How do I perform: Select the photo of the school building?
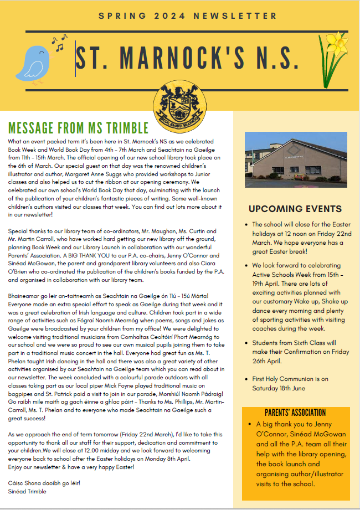[x=292, y=159]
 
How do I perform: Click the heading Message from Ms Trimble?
[x=78, y=128]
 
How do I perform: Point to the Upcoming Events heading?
[x=295, y=209]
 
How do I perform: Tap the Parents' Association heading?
[x=296, y=413]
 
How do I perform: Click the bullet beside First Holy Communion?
[x=246, y=379]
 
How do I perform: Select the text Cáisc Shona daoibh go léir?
[x=44, y=483]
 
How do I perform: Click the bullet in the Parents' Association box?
[x=250, y=424]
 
